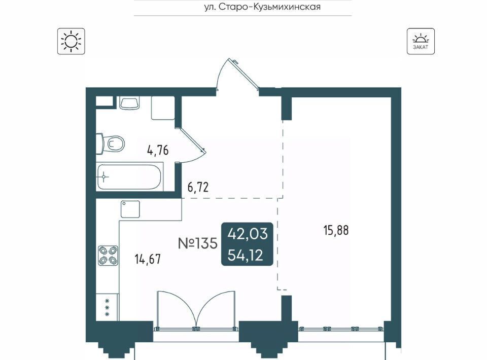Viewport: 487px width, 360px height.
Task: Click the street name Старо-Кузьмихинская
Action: click(x=270, y=7)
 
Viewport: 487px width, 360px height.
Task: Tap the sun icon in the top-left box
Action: click(x=71, y=41)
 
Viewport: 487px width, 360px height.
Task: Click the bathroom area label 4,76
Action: click(x=158, y=151)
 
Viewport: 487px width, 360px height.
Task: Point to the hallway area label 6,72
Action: click(x=198, y=187)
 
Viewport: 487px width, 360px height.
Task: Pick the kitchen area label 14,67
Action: click(x=148, y=259)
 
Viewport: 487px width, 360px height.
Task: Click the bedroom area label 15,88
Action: click(x=336, y=230)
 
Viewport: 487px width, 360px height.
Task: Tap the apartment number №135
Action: click(x=197, y=243)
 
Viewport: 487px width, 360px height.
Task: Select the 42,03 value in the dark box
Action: click(x=248, y=234)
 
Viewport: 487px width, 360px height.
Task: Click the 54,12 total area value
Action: click(x=246, y=256)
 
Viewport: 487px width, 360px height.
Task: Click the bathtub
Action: click(x=129, y=176)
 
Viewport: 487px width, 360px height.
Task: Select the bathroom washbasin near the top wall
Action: click(x=129, y=103)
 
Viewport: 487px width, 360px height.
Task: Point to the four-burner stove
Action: click(x=108, y=256)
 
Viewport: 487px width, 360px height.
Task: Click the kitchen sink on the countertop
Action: click(x=130, y=209)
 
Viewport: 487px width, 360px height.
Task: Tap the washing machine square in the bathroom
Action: click(x=163, y=107)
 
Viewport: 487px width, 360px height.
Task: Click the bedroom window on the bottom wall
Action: click(x=341, y=329)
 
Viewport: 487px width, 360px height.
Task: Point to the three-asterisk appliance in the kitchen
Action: click(x=107, y=307)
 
